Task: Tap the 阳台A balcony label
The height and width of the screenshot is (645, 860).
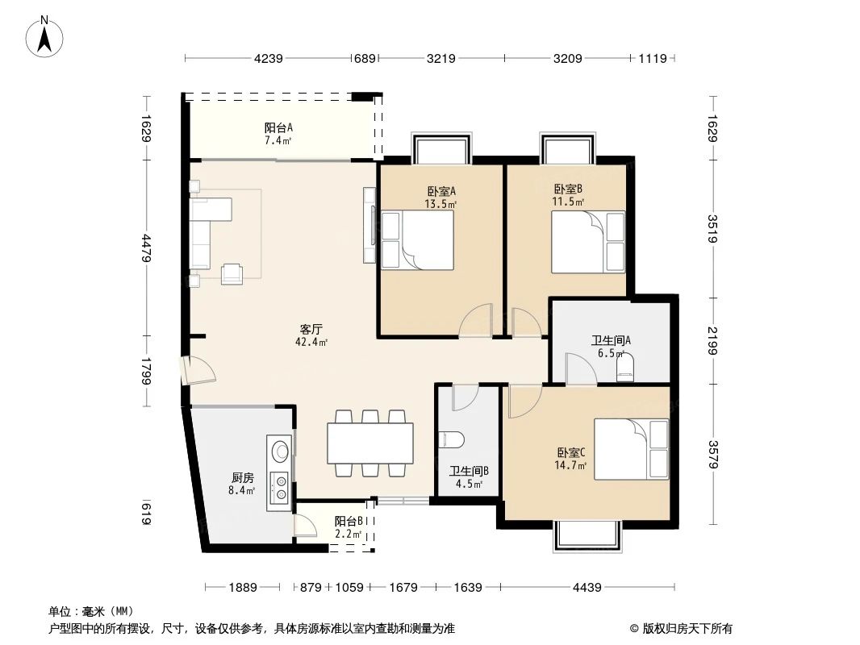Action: pyautogui.click(x=278, y=127)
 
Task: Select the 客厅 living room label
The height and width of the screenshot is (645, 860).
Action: pyautogui.click(x=311, y=330)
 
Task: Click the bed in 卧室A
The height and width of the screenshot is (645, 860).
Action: pyautogui.click(x=416, y=240)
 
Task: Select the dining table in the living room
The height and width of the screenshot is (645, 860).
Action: pyautogui.click(x=370, y=442)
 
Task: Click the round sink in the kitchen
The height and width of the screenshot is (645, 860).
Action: pyautogui.click(x=280, y=449)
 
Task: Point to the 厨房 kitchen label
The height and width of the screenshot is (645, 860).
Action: pyautogui.click(x=242, y=477)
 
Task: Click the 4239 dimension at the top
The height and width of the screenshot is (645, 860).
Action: pyautogui.click(x=269, y=58)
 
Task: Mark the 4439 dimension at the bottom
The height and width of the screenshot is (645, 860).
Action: pyautogui.click(x=587, y=588)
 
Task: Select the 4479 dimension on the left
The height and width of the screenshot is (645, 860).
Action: pyautogui.click(x=145, y=248)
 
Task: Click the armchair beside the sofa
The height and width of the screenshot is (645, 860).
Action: pyautogui.click(x=233, y=273)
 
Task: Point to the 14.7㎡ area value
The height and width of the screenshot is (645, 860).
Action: pyautogui.click(x=570, y=465)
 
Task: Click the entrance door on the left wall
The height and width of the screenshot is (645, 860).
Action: pyautogui.click(x=196, y=371)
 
